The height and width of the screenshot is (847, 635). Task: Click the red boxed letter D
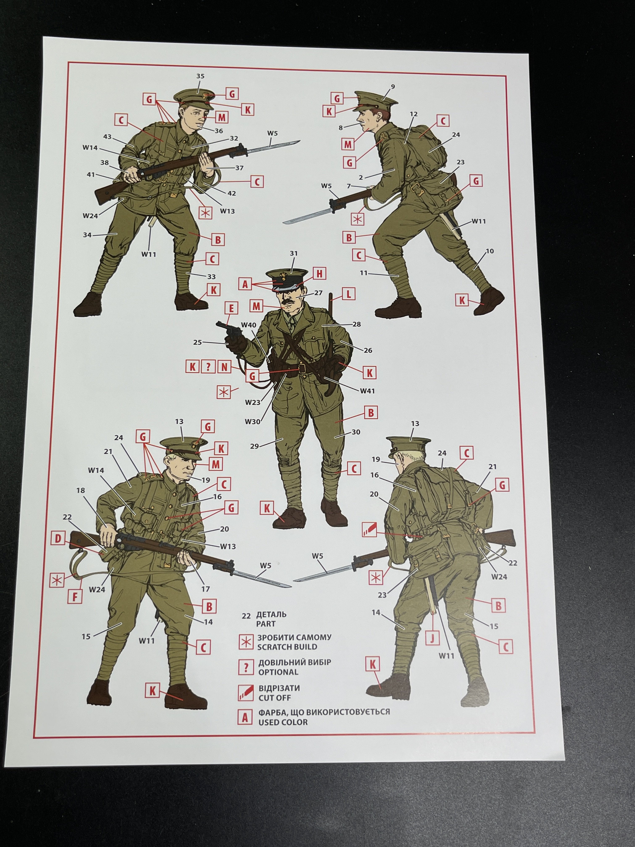58,539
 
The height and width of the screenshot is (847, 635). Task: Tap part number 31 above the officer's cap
294,254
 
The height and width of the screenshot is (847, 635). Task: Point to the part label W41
367,391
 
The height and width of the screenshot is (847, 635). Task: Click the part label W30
253,422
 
